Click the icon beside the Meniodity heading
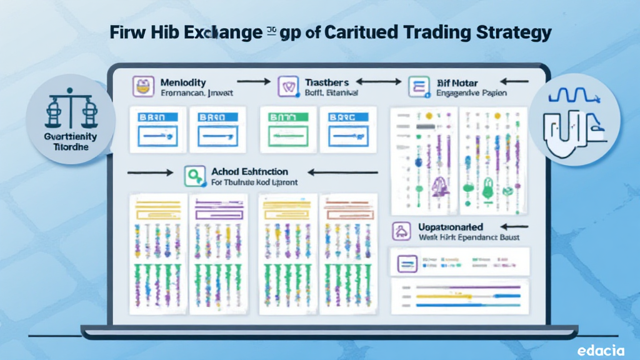coord(143,87)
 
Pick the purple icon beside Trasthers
coord(287,87)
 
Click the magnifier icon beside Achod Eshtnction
coord(195,176)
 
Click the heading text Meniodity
coord(182,82)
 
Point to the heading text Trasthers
coord(326,82)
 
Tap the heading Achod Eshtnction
coord(249,171)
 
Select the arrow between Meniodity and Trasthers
coord(253,81)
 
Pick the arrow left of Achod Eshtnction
coord(149,172)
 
